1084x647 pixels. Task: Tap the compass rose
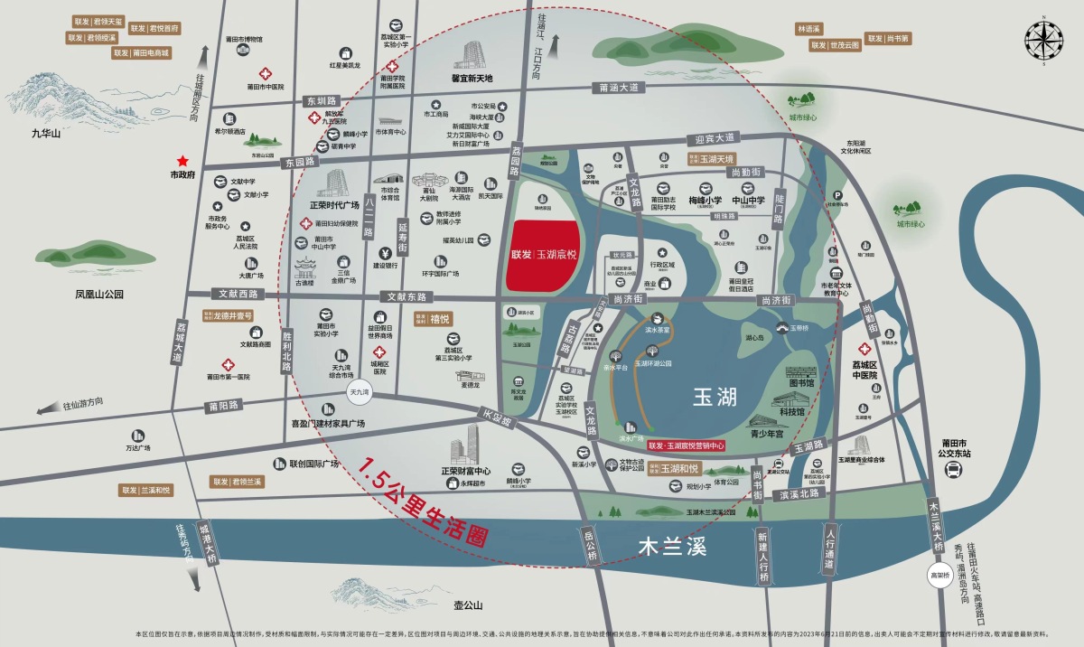click(1043, 40)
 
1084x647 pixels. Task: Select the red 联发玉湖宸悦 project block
click(544, 256)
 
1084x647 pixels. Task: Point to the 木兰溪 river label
click(671, 546)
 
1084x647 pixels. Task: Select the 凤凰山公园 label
click(98, 294)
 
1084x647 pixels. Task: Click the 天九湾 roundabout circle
click(363, 391)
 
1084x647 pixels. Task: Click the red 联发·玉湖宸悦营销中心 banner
click(687, 445)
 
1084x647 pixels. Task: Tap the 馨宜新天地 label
click(478, 78)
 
